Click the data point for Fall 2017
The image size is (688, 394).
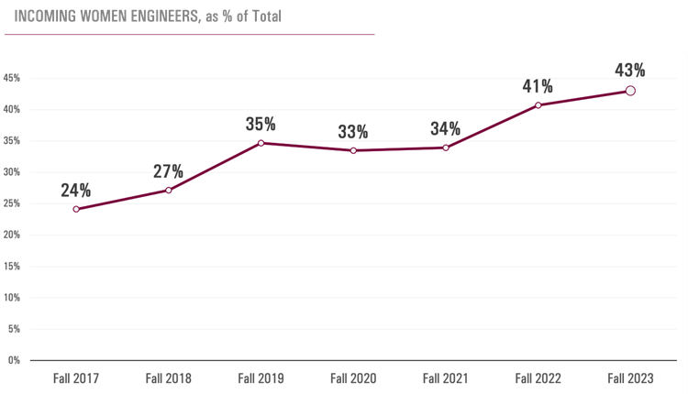point(76,209)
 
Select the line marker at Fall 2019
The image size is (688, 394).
point(261,143)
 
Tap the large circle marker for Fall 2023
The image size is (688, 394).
point(630,91)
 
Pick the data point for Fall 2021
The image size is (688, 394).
point(446,148)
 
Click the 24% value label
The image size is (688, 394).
point(76,191)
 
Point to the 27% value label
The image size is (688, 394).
point(169,171)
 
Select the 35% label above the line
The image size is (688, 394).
point(261,125)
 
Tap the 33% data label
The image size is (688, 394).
point(352,132)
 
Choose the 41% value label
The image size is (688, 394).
point(538,87)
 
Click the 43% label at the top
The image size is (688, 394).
point(630,70)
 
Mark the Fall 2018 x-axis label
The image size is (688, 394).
point(169,378)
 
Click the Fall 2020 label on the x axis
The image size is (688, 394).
point(353,378)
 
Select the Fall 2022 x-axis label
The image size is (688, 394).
point(538,378)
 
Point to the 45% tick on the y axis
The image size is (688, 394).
point(12,78)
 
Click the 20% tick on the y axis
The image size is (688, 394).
point(12,235)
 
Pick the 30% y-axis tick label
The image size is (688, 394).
point(12,172)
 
